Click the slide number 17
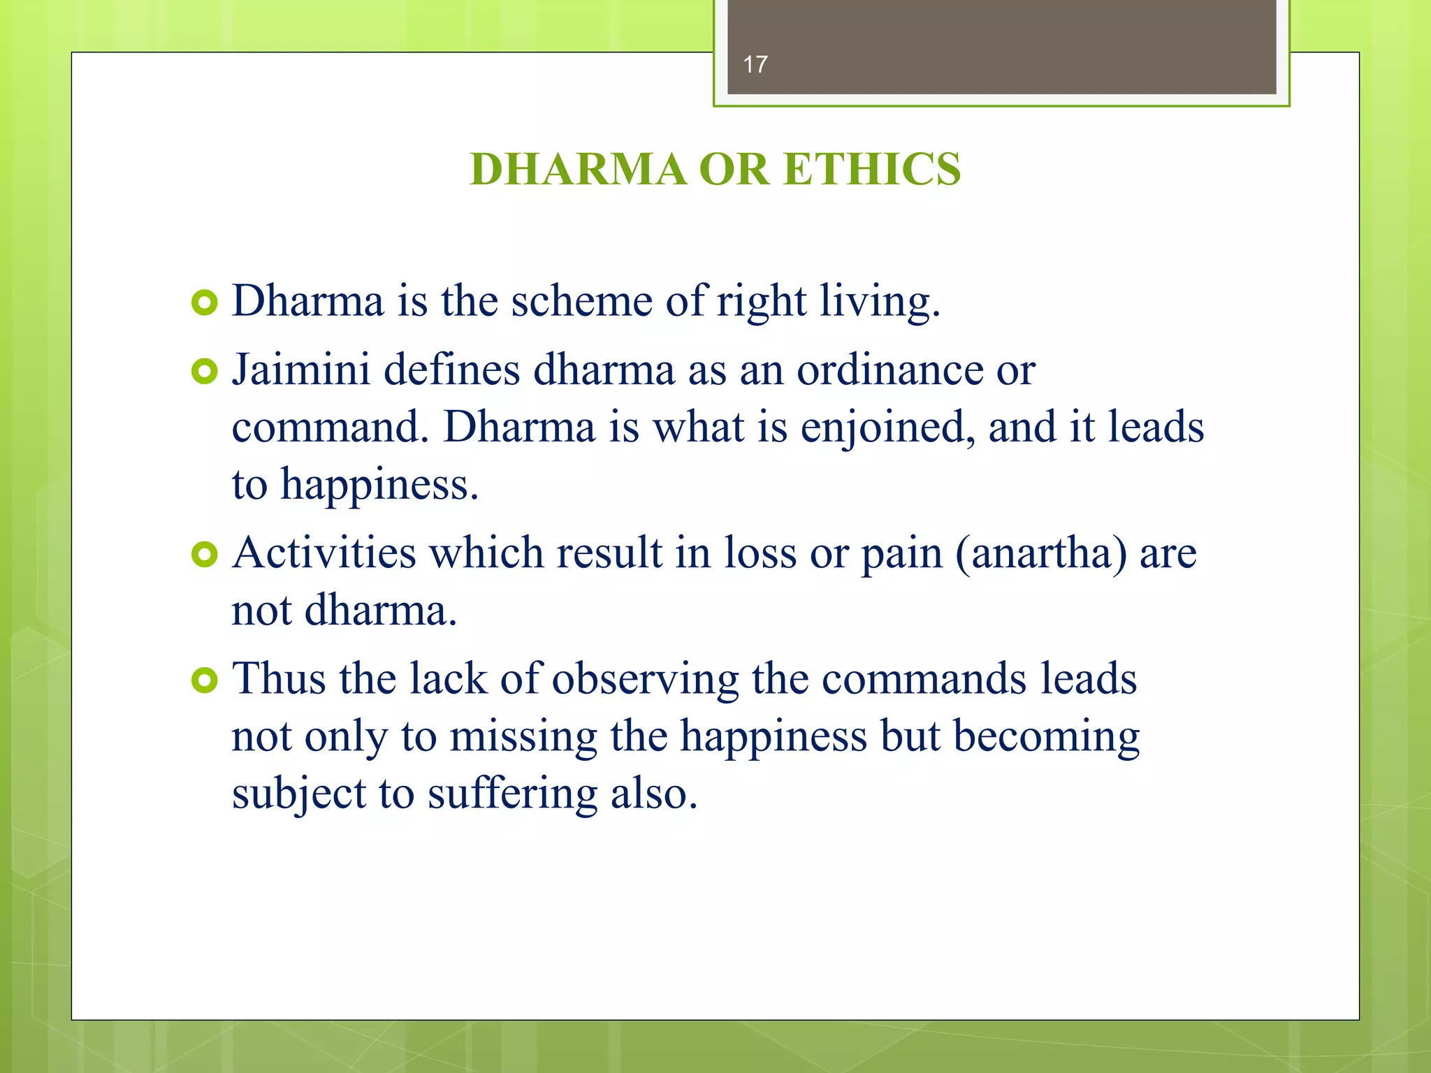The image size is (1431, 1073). click(x=755, y=65)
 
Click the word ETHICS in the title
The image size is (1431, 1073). click(x=872, y=170)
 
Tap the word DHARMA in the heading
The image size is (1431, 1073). click(x=578, y=170)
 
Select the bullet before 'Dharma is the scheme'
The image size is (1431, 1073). click(x=204, y=303)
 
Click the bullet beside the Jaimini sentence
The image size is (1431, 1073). click(x=204, y=372)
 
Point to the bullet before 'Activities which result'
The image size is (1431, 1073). click(x=204, y=555)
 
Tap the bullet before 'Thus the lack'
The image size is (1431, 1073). click(x=204, y=680)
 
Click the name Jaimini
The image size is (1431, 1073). click(x=300, y=370)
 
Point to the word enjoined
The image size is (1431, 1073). click(x=887, y=428)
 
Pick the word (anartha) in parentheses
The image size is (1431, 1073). click(x=1040, y=554)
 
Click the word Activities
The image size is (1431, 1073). click(x=324, y=553)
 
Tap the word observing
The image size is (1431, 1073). click(x=645, y=680)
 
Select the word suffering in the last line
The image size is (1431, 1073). click(x=512, y=794)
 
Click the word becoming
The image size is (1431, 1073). click(x=1046, y=737)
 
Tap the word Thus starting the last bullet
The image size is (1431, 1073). click(x=279, y=678)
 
